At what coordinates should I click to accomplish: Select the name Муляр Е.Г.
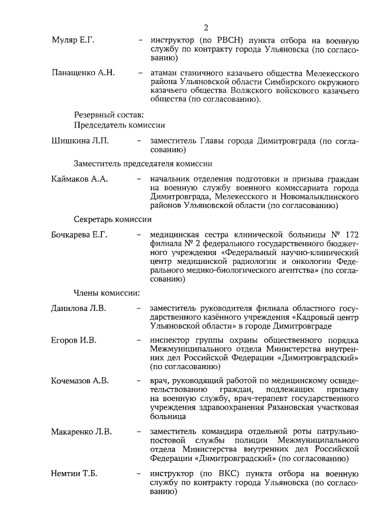tap(73, 41)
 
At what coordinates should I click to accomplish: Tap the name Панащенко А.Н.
tap(82, 73)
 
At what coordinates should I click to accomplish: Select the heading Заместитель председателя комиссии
tap(143, 163)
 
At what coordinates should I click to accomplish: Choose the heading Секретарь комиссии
tap(113, 219)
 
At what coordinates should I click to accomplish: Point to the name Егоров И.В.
tap(74, 340)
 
